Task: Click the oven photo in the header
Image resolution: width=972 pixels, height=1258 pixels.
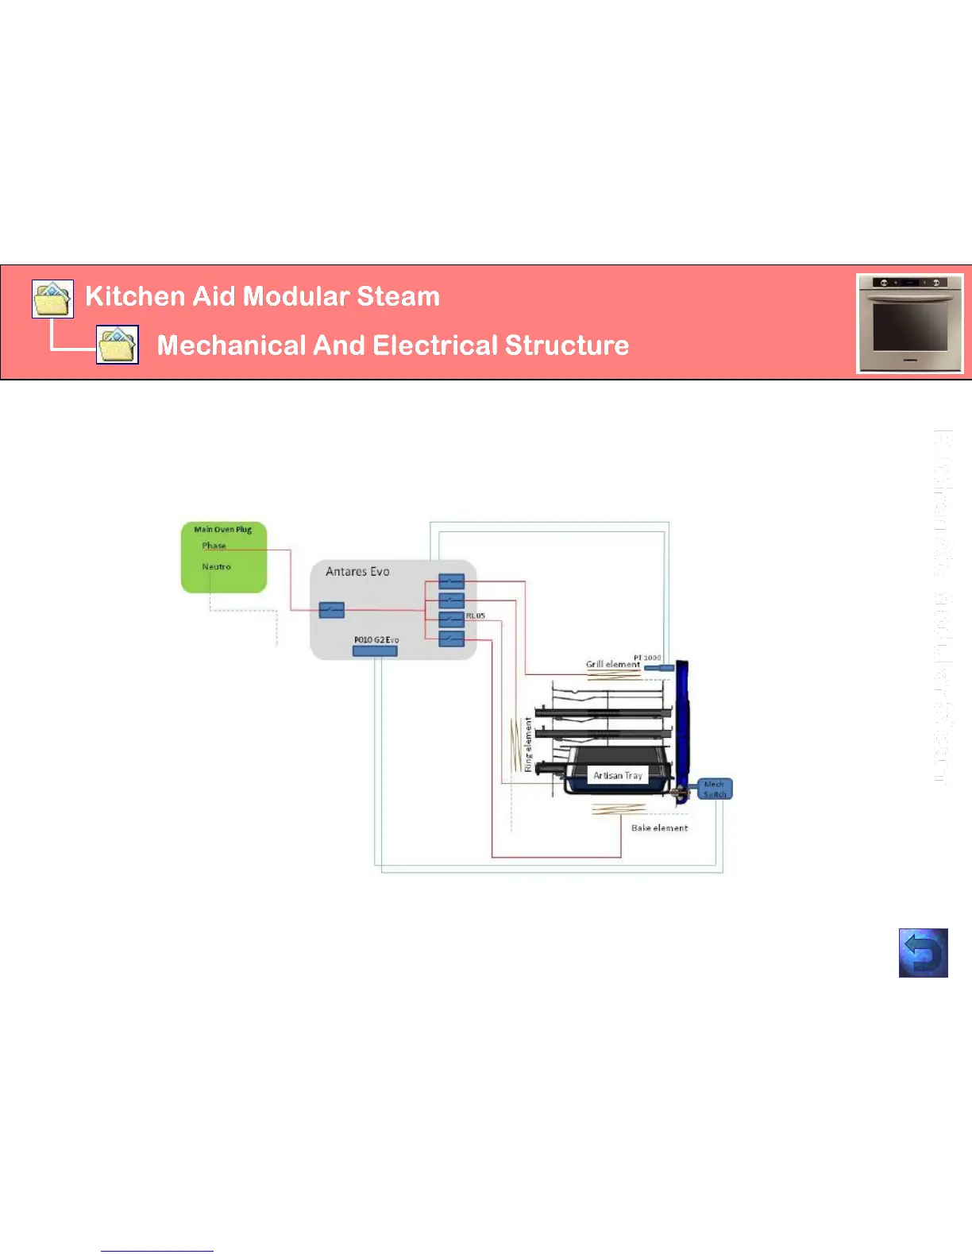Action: (909, 323)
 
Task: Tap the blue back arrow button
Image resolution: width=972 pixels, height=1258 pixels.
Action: (923, 952)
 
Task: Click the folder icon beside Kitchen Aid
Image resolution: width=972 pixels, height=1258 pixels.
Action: (52, 299)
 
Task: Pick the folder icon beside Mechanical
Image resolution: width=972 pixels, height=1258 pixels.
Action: (118, 345)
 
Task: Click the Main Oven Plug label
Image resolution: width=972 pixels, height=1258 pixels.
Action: (222, 529)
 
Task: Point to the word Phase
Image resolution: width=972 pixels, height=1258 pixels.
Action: (214, 546)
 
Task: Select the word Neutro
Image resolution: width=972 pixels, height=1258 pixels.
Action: (216, 566)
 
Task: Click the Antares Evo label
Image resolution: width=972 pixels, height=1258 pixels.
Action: (357, 571)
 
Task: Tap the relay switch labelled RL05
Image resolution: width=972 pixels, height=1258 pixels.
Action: (451, 619)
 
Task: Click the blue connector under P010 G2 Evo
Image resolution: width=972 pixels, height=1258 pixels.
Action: (374, 651)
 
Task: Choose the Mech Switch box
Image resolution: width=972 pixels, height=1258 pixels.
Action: (714, 789)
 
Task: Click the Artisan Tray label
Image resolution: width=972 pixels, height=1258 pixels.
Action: (617, 775)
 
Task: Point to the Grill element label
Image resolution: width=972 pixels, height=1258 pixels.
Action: (612, 664)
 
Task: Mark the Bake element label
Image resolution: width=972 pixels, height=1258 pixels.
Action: (659, 828)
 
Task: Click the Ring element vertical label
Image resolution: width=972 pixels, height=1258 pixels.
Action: (528, 744)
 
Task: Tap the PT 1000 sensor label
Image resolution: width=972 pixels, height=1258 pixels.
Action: (647, 658)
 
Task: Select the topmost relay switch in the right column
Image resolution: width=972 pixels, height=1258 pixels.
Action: (451, 582)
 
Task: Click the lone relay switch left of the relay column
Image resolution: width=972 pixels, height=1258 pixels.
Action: (331, 610)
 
